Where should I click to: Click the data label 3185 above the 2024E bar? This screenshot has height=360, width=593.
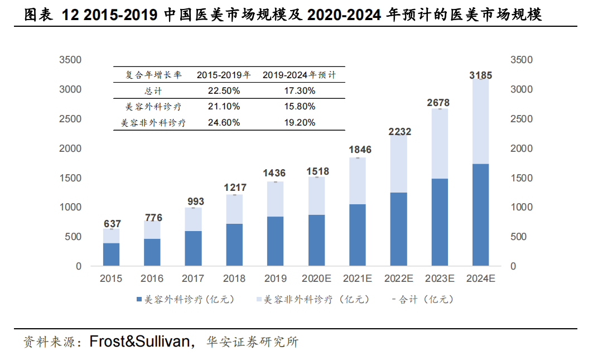[480, 75]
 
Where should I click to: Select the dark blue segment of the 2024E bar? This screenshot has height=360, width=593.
[480, 215]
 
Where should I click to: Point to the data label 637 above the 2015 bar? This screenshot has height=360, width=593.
[112, 224]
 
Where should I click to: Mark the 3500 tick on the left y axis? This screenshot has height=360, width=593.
[71, 60]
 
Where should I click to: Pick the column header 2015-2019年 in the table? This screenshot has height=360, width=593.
[224, 74]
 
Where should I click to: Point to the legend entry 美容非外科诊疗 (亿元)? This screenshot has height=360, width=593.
[316, 300]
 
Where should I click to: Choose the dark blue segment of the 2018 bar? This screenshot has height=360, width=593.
[234, 244]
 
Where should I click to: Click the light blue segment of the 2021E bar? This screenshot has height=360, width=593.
[357, 181]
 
